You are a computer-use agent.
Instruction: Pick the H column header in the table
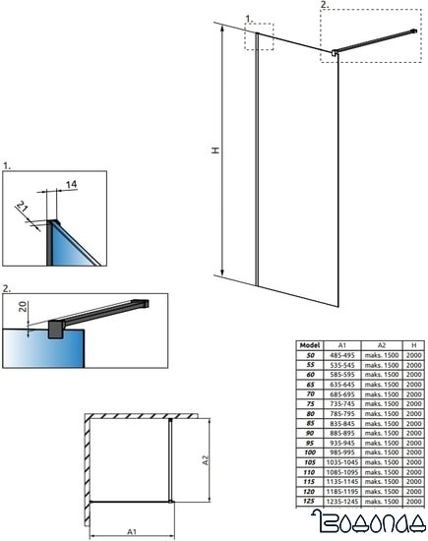tap(412, 345)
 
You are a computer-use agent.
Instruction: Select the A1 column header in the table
tap(343, 345)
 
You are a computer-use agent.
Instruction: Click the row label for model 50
tap(310, 356)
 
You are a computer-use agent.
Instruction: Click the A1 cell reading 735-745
tap(343, 404)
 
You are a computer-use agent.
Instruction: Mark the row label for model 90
tap(310, 434)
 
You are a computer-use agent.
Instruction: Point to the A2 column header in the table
tap(380, 345)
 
